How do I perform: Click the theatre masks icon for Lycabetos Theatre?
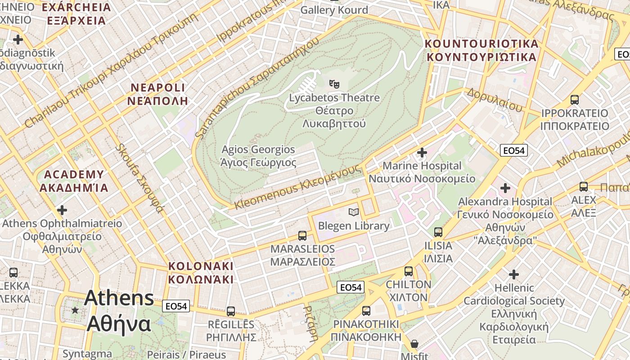[334, 84]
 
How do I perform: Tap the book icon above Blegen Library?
[354, 211]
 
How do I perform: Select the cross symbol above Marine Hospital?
[422, 153]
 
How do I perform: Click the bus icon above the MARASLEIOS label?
[302, 235]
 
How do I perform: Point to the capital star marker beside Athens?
[75, 310]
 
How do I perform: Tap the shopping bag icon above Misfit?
[414, 344]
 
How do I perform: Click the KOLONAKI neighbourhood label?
[201, 272]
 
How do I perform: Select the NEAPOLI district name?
[157, 94]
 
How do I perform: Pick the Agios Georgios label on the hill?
[258, 156]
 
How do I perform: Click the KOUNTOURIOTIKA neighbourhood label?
[481, 50]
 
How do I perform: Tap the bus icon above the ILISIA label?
[438, 232]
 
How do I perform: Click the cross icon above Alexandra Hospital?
[505, 188]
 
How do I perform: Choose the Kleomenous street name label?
[298, 187]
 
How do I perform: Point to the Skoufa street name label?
[139, 178]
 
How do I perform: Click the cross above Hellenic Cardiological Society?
[513, 274]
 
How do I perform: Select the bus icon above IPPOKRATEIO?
[574, 99]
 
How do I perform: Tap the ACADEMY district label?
[74, 181]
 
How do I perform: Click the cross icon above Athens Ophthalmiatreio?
[62, 210]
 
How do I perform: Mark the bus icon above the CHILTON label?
[408, 271]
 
